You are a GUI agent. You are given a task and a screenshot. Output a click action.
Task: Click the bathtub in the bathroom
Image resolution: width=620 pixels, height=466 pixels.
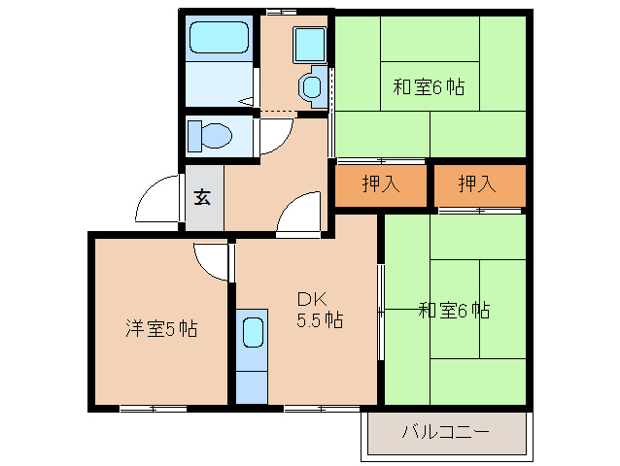(219, 39)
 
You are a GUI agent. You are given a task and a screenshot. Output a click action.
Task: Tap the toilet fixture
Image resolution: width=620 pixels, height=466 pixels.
(208, 134)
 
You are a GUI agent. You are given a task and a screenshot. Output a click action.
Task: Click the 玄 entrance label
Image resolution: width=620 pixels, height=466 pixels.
(202, 197)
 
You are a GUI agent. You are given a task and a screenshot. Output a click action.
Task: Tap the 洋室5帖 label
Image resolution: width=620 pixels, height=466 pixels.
(161, 329)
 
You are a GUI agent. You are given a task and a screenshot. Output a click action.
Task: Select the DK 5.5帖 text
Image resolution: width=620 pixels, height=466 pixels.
(319, 309)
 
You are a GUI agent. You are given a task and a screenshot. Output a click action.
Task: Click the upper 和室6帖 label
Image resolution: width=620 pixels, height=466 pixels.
(429, 87)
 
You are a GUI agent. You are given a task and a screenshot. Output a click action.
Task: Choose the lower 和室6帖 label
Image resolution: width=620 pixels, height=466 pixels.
(454, 311)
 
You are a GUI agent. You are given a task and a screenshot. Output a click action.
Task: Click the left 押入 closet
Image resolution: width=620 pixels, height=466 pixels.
(381, 184)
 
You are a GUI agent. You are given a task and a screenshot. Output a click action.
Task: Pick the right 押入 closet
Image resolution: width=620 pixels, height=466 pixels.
(478, 184)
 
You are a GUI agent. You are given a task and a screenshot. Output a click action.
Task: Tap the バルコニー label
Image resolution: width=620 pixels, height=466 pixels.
(447, 431)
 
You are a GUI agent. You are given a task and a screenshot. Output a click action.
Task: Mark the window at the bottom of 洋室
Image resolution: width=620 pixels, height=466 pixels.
(154, 408)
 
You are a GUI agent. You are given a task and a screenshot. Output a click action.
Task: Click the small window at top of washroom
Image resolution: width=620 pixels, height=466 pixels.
(281, 11)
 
